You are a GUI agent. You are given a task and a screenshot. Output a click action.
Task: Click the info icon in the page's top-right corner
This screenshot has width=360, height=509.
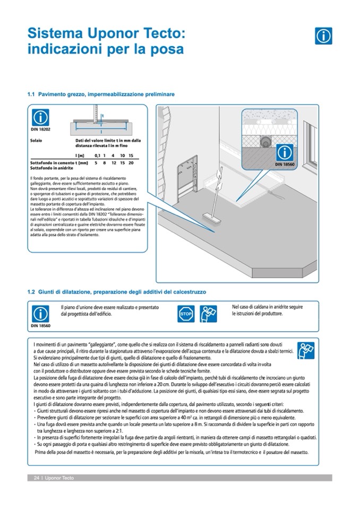coord(323,36)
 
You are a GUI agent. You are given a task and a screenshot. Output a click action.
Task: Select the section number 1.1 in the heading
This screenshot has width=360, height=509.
coord(31,94)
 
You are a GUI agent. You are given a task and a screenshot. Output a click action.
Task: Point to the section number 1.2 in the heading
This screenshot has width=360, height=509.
coord(31,292)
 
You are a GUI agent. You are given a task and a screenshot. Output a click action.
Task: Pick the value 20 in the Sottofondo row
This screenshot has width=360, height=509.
coord(131,162)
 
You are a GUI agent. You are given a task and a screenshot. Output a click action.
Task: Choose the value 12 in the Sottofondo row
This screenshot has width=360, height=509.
coord(114,162)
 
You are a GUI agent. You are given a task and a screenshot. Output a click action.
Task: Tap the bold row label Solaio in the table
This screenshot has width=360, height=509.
coord(37,141)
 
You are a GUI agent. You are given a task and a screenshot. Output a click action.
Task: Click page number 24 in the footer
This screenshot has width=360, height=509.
coord(37,478)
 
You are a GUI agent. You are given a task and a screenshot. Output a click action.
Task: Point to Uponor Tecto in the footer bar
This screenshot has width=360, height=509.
coord(59,478)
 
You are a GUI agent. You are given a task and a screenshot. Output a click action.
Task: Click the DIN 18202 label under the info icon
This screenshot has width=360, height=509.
coord(40,128)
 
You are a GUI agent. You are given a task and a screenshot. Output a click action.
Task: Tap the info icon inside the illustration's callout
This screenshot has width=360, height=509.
coord(285,153)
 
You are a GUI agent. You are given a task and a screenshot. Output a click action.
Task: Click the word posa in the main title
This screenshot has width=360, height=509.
coord(167,50)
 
